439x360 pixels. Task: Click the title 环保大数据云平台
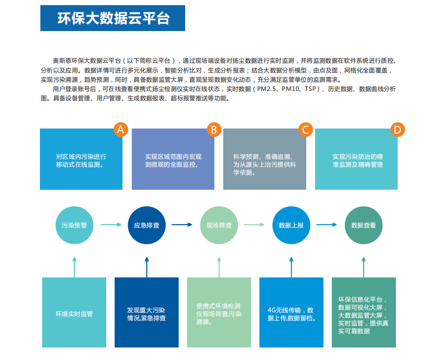(113, 19)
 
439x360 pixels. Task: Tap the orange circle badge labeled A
(121, 129)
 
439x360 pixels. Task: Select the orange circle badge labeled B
(214, 129)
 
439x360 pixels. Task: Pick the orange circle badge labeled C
(306, 129)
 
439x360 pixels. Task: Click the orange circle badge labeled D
(398, 129)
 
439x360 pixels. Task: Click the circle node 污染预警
(74, 225)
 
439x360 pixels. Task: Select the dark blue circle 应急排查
(147, 225)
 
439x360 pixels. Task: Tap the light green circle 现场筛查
(219, 225)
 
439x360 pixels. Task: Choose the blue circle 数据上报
(291, 225)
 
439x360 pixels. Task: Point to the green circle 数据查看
(364, 225)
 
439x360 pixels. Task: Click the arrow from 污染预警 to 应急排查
(111, 225)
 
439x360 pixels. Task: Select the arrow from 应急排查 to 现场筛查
(182, 225)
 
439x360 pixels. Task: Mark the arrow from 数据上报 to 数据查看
(327, 225)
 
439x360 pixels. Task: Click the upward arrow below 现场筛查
(219, 267)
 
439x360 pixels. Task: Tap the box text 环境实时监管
(74, 314)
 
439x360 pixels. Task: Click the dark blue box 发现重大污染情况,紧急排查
(147, 312)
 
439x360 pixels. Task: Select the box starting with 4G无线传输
(291, 312)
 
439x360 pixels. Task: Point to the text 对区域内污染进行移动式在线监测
(81, 161)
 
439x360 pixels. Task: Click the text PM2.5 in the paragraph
(266, 89)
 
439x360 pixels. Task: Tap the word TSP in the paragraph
(310, 89)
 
